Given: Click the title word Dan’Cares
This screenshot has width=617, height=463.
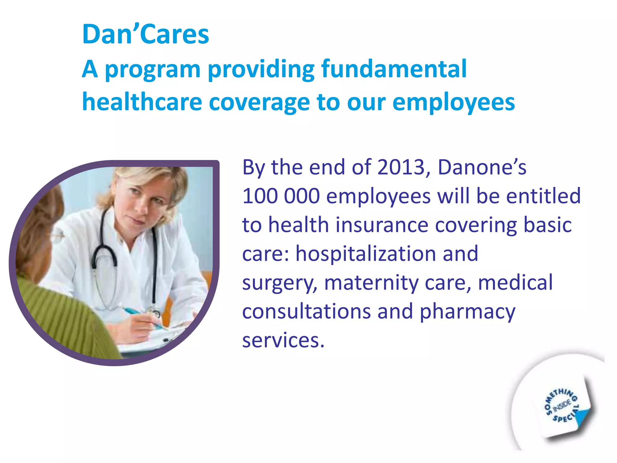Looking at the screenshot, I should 146,34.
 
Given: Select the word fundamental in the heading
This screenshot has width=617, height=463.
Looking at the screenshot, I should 394,69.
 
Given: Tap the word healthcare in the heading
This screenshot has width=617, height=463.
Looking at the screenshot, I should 142,102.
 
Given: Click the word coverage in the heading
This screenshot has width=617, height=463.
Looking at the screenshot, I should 259,102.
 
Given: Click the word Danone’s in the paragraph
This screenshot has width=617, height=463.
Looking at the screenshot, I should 482,167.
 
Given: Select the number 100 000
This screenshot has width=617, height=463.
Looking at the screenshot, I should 281,196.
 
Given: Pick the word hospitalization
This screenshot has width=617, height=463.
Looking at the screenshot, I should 365,254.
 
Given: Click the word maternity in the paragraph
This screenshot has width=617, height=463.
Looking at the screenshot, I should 371,283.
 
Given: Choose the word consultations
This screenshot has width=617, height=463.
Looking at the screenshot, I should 306,311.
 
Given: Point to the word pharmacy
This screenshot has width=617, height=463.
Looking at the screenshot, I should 468,312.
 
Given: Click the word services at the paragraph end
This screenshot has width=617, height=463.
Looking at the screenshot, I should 283,340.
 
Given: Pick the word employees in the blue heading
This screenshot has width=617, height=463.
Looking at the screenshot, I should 454,102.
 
